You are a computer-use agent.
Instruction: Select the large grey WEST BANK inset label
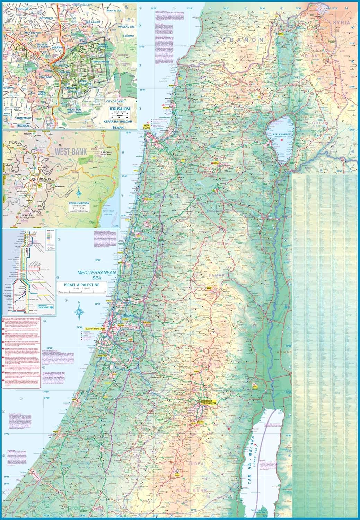71,151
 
